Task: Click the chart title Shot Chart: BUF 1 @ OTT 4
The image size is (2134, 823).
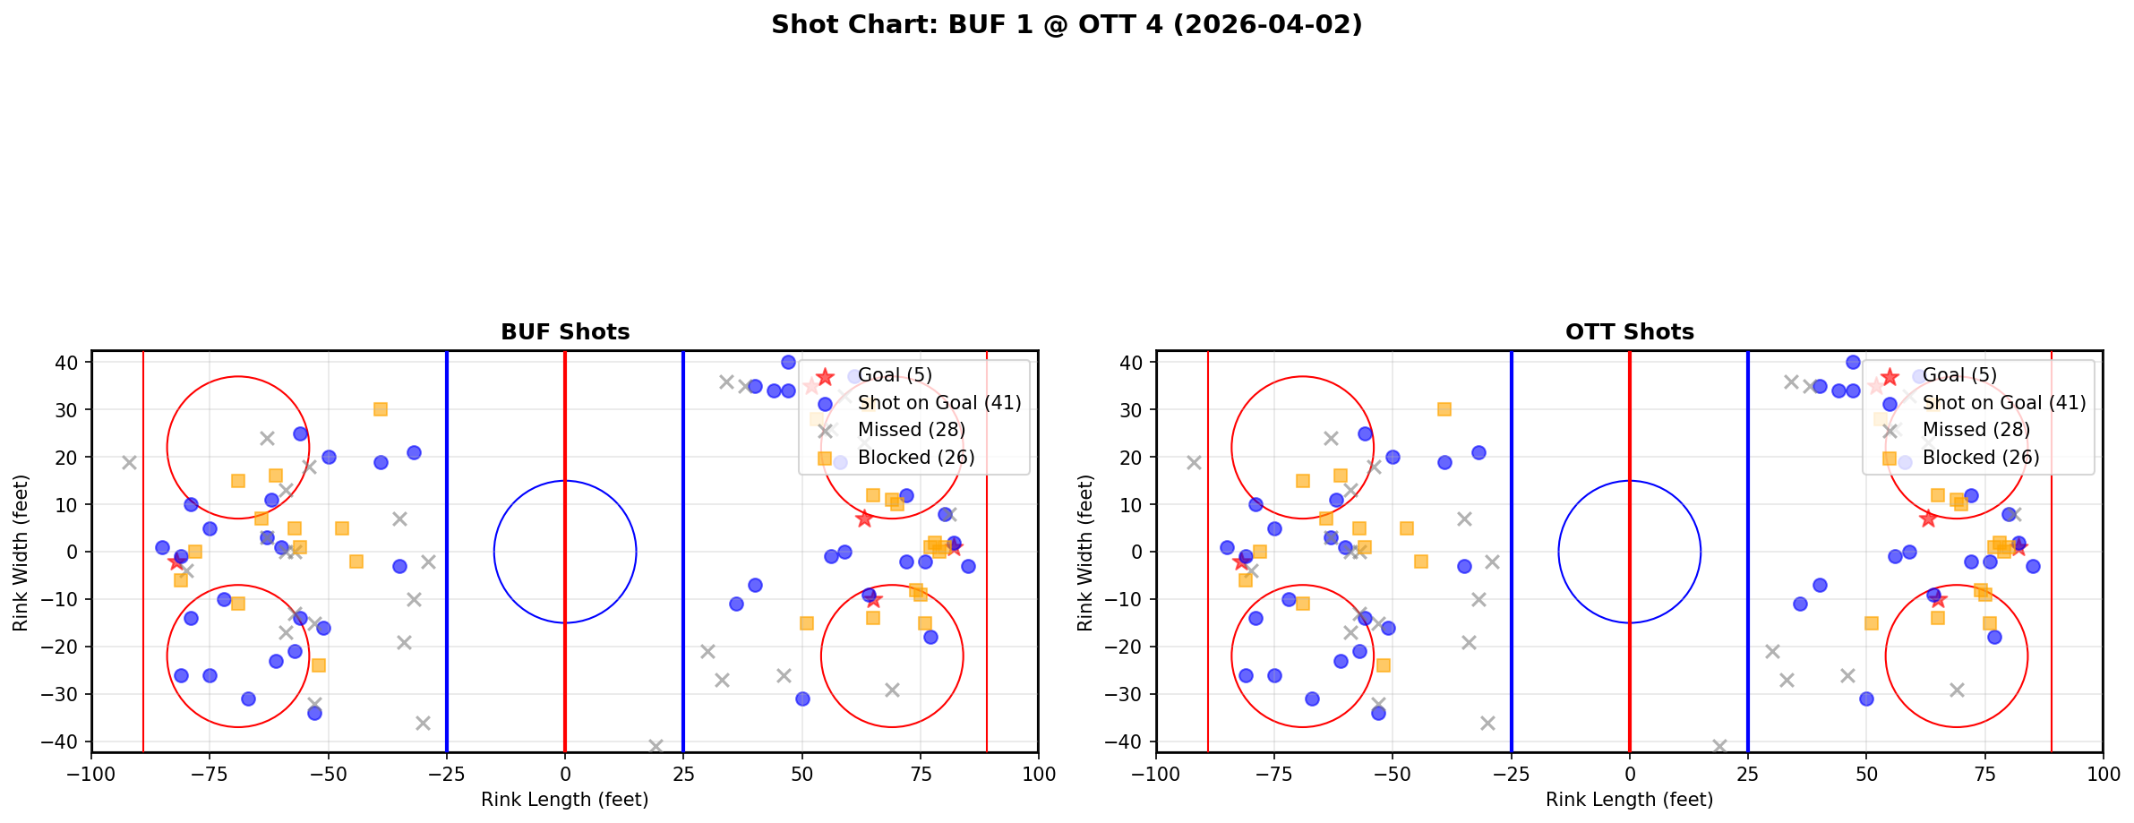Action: [x=1066, y=25]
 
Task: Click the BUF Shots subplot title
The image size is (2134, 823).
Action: [x=565, y=332]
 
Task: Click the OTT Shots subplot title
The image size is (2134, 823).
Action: [x=1629, y=332]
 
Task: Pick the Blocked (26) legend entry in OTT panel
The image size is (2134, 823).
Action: [x=1980, y=458]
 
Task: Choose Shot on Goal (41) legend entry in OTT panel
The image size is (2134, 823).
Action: [x=2003, y=403]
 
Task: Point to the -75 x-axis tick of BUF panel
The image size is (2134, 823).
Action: [x=210, y=774]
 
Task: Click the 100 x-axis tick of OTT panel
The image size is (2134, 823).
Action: [x=2102, y=774]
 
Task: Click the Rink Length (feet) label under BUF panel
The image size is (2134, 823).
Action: [x=564, y=800]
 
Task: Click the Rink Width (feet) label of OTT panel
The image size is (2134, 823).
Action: [x=1084, y=553]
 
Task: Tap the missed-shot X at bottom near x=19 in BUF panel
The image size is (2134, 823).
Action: [x=656, y=746]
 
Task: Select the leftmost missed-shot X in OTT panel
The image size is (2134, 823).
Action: [x=1194, y=462]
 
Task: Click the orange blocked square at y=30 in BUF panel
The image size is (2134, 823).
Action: [x=381, y=409]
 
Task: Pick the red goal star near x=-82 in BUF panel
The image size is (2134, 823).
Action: [x=176, y=562]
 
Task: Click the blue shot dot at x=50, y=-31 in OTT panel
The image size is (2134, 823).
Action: [x=1866, y=699]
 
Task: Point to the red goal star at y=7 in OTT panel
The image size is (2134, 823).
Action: [x=1928, y=519]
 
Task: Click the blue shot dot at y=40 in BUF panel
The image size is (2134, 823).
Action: [x=788, y=362]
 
